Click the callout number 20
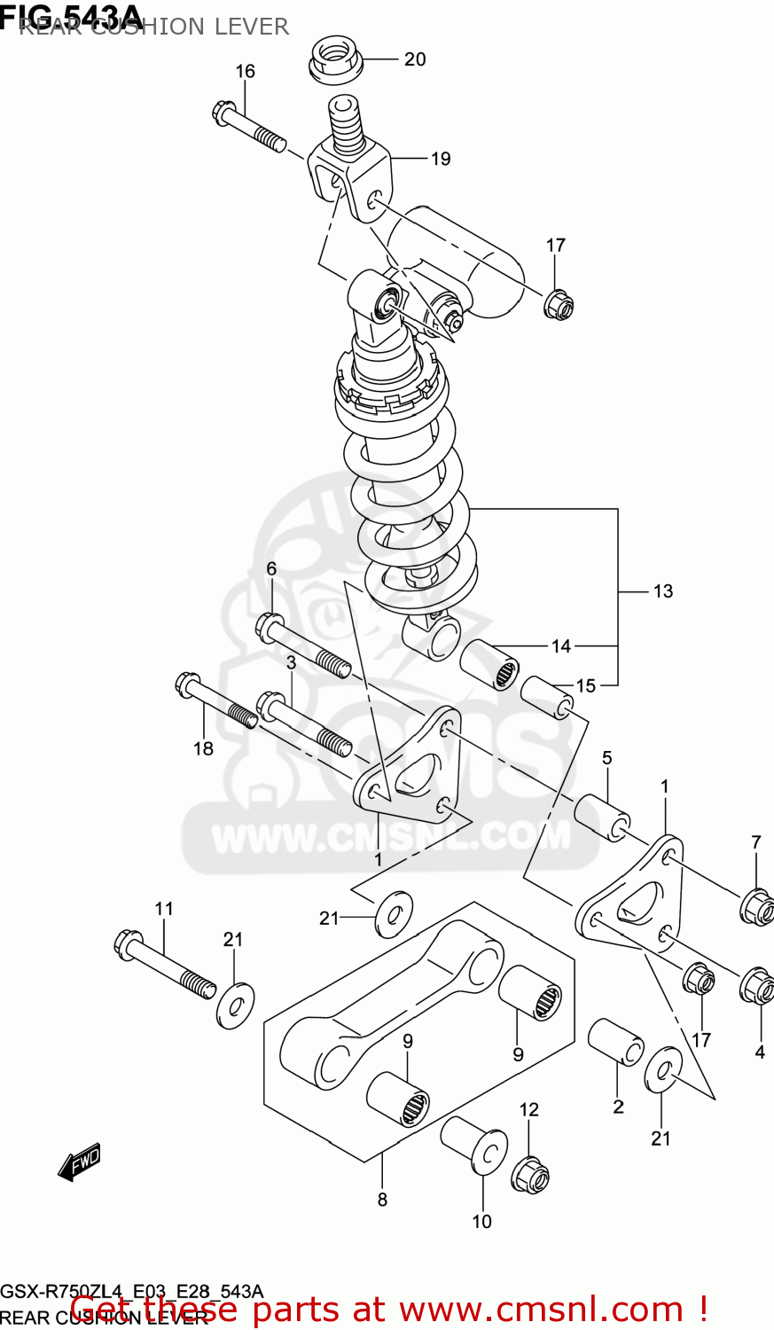click(x=415, y=59)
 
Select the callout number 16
click(x=245, y=71)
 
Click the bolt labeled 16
click(x=249, y=128)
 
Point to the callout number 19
click(x=441, y=159)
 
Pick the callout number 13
click(x=662, y=591)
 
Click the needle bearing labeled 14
click(x=491, y=664)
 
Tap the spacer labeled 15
click(x=548, y=697)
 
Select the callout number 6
click(x=271, y=569)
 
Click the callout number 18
click(x=203, y=748)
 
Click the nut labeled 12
click(x=530, y=1175)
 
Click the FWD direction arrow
click(x=80, y=1162)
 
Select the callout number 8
click(x=382, y=1200)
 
